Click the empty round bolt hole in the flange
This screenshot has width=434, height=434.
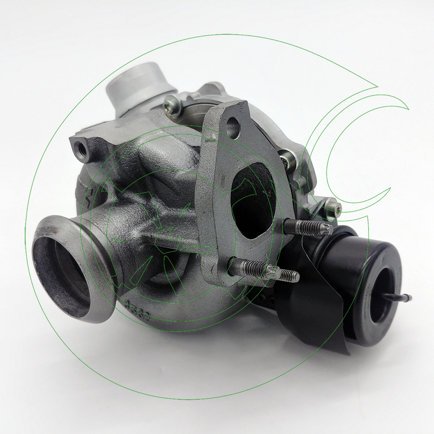point(233,126)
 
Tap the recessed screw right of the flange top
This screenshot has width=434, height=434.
point(287,161)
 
